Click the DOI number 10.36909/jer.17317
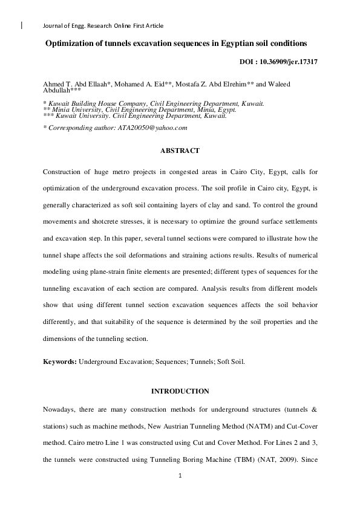[x=287, y=62]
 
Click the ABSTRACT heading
[x=179, y=150]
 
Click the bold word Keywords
[x=59, y=361]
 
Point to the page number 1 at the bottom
[x=180, y=476]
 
